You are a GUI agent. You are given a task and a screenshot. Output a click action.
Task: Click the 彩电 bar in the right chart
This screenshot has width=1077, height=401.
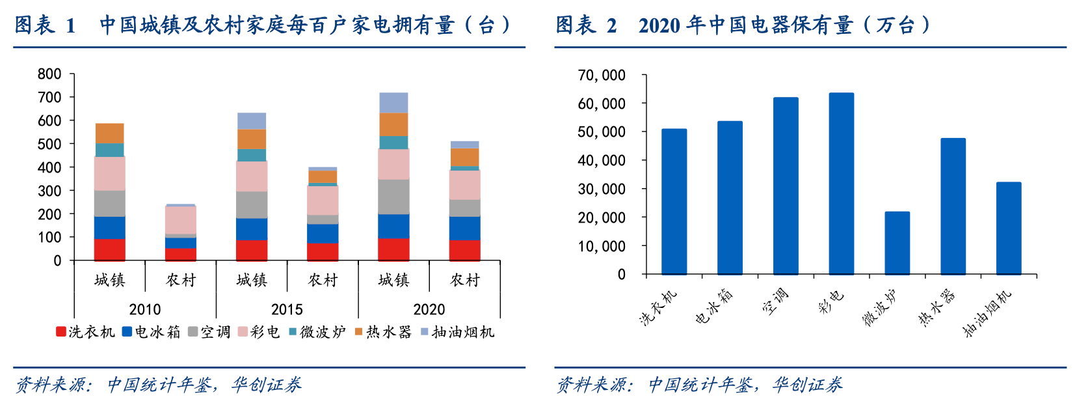tap(841, 184)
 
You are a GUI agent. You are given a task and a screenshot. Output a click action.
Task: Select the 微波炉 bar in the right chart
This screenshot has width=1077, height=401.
tap(897, 243)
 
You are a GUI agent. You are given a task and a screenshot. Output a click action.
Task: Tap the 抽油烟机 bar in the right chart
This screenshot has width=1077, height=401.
tap(1009, 228)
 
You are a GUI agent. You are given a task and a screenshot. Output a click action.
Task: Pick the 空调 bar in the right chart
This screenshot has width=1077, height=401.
tap(786, 186)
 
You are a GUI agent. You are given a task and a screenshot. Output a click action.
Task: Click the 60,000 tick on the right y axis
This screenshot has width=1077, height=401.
tap(602, 104)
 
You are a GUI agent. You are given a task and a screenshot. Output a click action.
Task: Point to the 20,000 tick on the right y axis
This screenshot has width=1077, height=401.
tap(602, 217)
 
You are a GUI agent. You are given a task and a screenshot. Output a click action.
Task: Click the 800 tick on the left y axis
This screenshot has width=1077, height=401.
tap(49, 74)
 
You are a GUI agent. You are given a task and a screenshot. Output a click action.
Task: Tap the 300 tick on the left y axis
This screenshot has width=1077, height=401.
tap(49, 191)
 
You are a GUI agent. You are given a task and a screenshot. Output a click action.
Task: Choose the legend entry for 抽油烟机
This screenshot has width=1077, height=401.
tap(457, 332)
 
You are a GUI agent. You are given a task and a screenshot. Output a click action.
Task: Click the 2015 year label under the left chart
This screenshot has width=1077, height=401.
tap(287, 309)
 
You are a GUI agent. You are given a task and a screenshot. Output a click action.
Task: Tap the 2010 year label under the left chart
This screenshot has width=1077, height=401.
tap(144, 309)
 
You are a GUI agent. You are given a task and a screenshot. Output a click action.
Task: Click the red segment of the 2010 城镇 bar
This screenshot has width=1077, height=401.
tap(109, 250)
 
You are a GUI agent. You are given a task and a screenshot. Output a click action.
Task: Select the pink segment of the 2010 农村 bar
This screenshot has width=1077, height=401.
tap(180, 220)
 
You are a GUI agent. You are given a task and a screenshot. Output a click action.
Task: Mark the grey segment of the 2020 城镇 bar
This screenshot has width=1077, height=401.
tap(393, 197)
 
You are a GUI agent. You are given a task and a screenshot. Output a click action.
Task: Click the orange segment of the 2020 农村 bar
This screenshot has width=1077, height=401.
tap(464, 157)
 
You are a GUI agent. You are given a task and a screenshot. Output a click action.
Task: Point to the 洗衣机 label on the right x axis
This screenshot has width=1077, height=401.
tap(658, 307)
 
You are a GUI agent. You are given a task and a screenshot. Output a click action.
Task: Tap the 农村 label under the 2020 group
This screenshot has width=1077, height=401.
tap(464, 280)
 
